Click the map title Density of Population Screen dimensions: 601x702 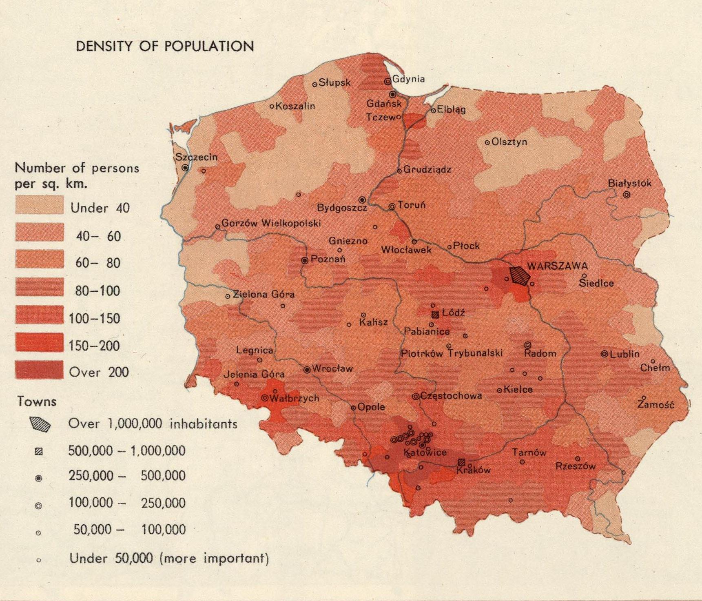coord(165,46)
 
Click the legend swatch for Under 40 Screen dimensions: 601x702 coord(40,205)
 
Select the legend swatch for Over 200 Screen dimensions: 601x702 coord(40,370)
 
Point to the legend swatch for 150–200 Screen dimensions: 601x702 coord(40,342)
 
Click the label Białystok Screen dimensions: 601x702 coord(629,183)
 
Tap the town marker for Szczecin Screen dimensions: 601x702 coord(185,167)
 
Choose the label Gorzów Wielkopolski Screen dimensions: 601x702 coord(271,223)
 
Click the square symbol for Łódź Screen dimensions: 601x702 coord(435,315)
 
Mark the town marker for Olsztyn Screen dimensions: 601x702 coord(487,143)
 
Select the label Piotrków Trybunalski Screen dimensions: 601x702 coord(452,353)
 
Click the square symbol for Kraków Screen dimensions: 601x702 coord(461,462)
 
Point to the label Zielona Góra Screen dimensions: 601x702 coord(263,294)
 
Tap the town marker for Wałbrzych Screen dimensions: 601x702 coord(265,397)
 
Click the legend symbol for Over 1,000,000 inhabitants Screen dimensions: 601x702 coord(40,424)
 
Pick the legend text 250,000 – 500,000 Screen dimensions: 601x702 coord(127,476)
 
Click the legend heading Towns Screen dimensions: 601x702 coord(37,401)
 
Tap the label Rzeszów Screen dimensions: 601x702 coord(576,466)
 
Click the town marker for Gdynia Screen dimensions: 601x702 coord(388,81)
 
